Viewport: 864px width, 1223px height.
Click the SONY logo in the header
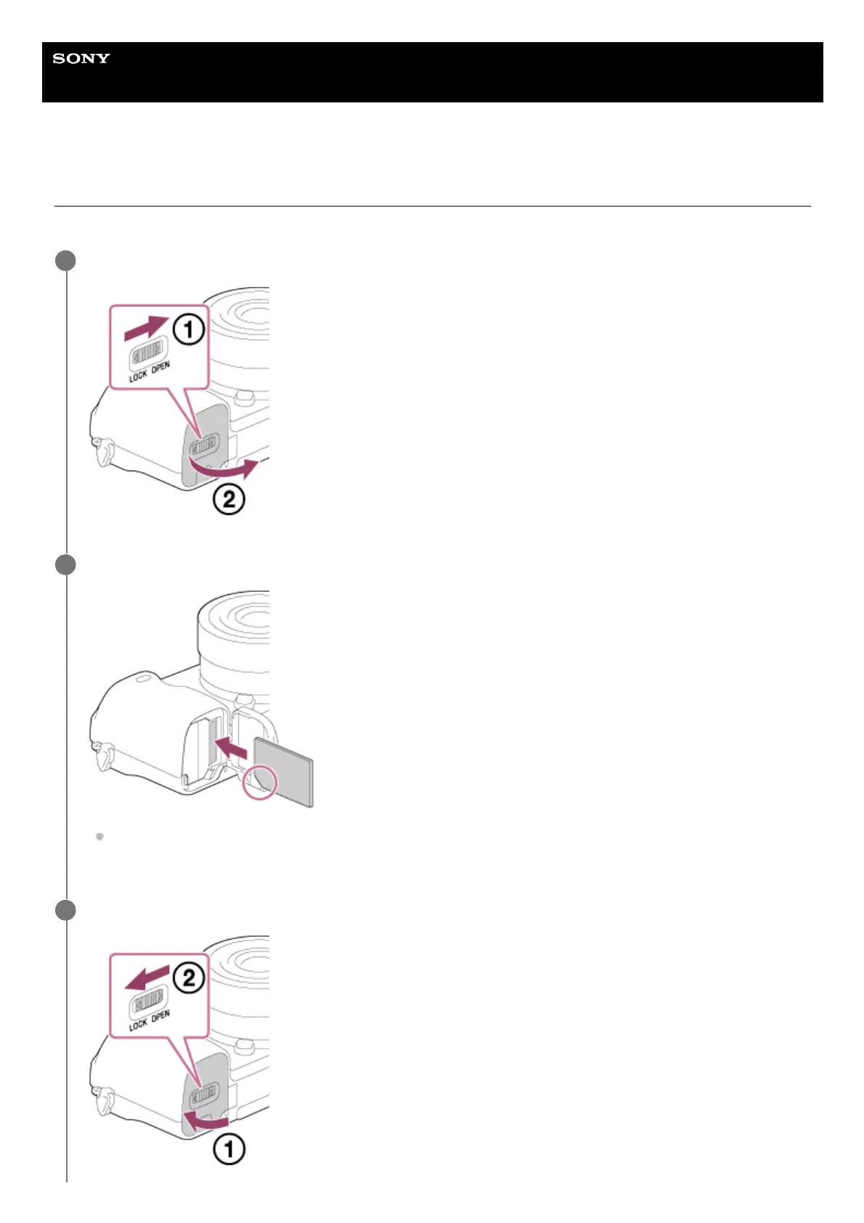tap(81, 59)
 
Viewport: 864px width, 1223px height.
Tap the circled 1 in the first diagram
tap(188, 330)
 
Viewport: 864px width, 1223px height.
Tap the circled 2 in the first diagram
tap(229, 500)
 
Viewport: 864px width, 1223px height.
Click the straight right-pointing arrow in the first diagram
tap(145, 328)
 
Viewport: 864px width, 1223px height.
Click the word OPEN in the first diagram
tap(161, 367)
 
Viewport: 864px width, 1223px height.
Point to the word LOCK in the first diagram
tap(138, 375)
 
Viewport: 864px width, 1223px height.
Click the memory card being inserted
tap(285, 771)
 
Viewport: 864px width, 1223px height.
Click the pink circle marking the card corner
tap(261, 781)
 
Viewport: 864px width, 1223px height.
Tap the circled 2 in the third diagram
tap(188, 978)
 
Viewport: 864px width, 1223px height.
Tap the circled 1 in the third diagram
tap(228, 1149)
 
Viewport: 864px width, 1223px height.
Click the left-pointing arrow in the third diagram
tap(147, 977)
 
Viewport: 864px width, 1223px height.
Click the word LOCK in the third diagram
tap(138, 1024)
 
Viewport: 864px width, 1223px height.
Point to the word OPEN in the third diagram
tap(161, 1016)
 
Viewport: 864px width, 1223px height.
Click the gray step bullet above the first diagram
tap(65, 261)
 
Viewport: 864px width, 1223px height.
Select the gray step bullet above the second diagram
tap(65, 564)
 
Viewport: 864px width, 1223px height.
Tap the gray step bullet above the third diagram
tap(65, 910)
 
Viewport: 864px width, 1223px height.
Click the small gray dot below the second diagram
tap(99, 837)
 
